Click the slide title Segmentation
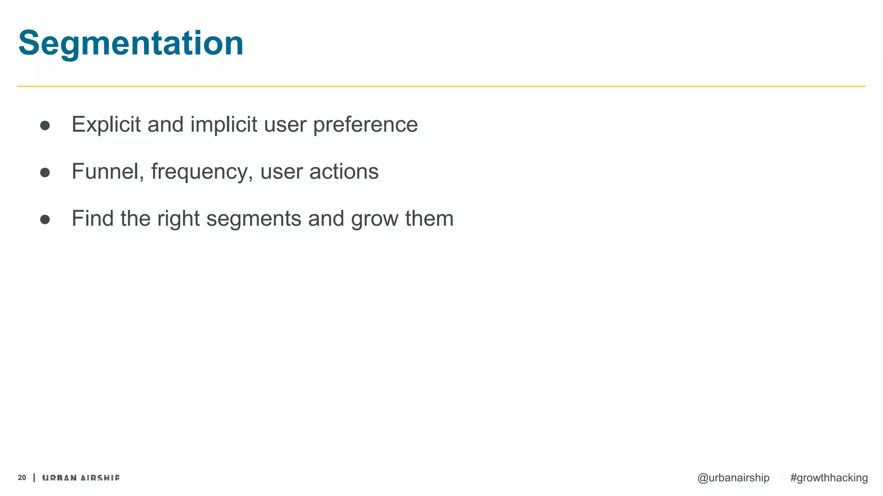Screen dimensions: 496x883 pos(131,43)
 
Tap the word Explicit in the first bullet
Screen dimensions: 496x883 pos(106,124)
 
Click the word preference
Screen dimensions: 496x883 pos(365,124)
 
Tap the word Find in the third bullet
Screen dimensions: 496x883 pos(92,218)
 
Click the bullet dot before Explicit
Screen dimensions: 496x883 pos(45,126)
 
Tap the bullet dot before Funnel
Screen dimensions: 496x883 pos(45,173)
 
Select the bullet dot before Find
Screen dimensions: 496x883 pos(45,220)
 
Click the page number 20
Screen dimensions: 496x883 pos(22,477)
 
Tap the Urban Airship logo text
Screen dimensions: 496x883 pos(81,477)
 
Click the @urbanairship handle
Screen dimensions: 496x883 pos(733,478)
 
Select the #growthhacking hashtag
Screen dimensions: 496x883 pos(829,478)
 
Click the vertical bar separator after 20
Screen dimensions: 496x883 pos(34,477)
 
